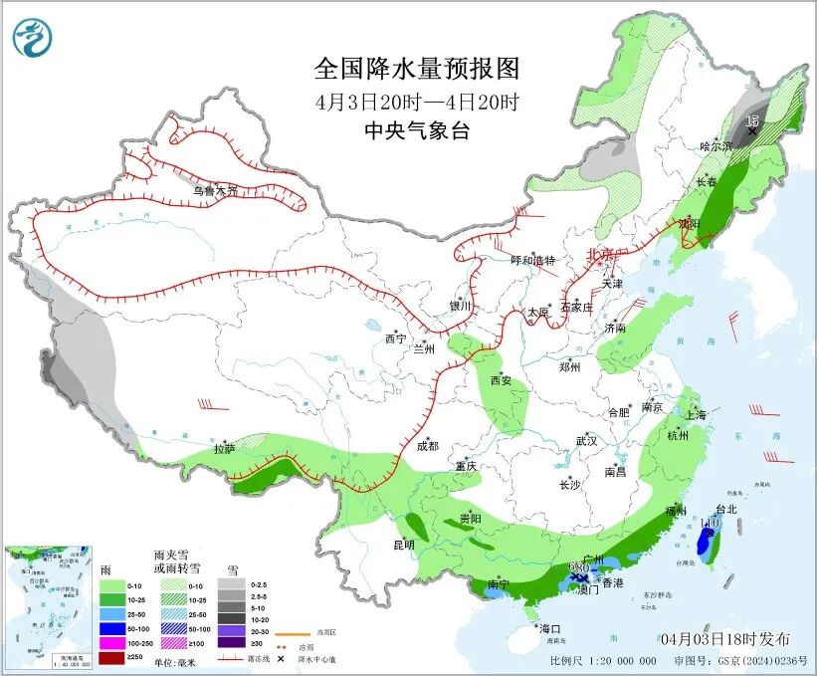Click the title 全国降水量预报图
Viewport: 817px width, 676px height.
pos(417,69)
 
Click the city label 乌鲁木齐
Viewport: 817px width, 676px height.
pos(215,190)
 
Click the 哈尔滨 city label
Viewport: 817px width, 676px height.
pos(715,146)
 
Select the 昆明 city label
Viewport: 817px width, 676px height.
pos(403,545)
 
